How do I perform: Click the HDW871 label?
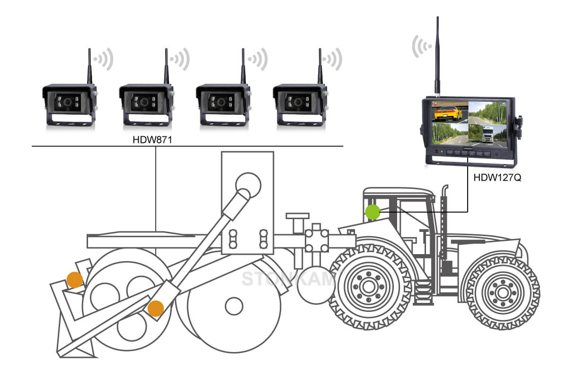pyautogui.click(x=155, y=141)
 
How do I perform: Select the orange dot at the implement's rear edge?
pyautogui.click(x=75, y=280)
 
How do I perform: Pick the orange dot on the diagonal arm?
pyautogui.click(x=155, y=309)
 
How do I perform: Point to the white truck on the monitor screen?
pyautogui.click(x=488, y=134)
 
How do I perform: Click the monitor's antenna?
pyautogui.click(x=437, y=57)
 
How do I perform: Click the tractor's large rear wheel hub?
pyautogui.click(x=368, y=286)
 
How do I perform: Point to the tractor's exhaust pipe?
pyautogui.click(x=444, y=227)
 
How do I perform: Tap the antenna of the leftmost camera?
pyautogui.click(x=89, y=66)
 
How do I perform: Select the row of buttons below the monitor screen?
pyautogui.click(x=469, y=153)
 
